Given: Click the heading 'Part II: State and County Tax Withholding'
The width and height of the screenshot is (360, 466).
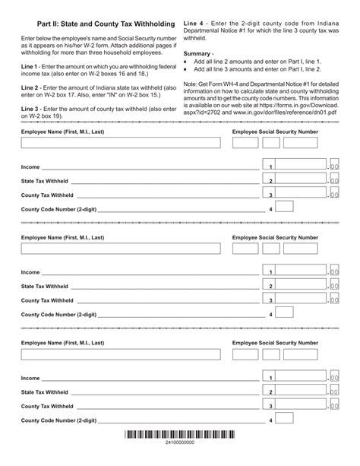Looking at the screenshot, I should click(104, 26).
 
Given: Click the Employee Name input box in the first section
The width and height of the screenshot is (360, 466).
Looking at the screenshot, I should click(121, 142).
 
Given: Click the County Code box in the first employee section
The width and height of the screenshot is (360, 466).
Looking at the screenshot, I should click(284, 207).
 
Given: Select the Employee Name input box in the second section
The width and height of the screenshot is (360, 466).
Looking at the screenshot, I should click(121, 248).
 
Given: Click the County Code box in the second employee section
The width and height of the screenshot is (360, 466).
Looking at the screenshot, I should click(284, 312).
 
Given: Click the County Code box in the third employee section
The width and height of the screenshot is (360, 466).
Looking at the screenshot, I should click(284, 418).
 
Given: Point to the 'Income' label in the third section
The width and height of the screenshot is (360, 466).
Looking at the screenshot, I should click(30, 378).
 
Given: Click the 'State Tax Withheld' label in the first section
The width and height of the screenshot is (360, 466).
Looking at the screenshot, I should click(45, 180).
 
